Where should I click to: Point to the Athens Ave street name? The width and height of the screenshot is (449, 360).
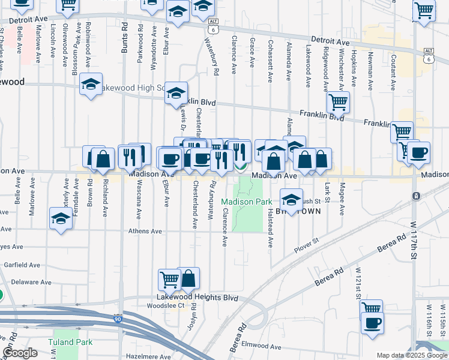(145, 231)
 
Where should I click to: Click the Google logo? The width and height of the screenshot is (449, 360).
(20, 353)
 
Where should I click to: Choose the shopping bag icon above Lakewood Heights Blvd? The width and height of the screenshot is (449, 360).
(188, 278)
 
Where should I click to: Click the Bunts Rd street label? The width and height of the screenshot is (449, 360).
(125, 38)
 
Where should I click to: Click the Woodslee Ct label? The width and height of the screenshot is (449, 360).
(164, 305)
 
